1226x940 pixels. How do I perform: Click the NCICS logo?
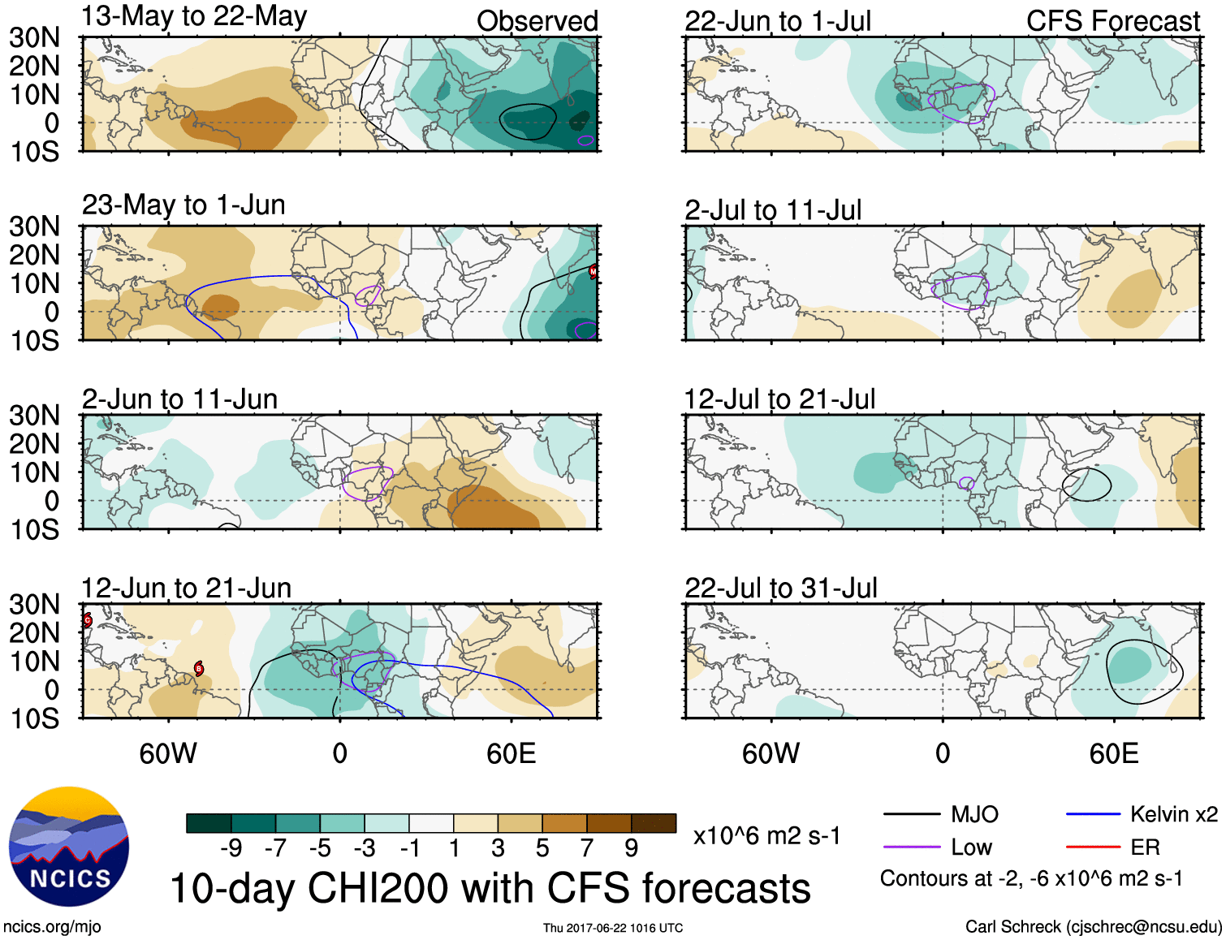69,847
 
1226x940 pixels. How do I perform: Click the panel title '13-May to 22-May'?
194,16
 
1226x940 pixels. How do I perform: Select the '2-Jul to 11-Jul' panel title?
772,210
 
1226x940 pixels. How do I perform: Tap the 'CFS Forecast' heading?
1112,21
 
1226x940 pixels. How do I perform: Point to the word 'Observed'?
537,21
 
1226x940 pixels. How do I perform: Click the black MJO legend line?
911,814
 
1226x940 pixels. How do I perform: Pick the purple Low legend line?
911,847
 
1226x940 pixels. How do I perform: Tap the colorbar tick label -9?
231,848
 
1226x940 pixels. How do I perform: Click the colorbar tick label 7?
586,848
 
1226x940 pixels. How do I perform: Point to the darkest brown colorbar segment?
654,823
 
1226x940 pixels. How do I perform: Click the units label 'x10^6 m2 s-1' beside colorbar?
766,835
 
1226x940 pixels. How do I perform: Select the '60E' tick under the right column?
1113,754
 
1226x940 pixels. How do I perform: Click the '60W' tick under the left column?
168,754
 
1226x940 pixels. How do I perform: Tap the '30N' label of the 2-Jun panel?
34,416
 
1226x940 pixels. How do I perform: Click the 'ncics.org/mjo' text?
52,927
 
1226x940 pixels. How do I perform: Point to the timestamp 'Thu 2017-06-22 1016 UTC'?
613,928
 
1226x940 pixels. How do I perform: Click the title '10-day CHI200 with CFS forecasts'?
490,888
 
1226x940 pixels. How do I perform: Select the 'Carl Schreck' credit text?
1093,927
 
